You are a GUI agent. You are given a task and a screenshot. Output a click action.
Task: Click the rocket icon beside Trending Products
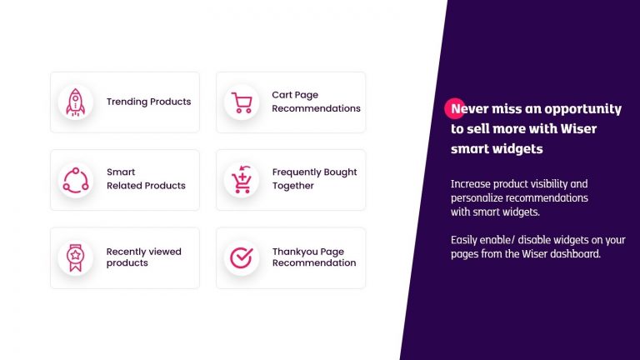click(x=76, y=102)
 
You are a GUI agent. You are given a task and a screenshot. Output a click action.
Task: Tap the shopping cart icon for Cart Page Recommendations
click(x=242, y=102)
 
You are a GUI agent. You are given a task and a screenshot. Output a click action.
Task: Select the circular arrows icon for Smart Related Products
click(x=76, y=180)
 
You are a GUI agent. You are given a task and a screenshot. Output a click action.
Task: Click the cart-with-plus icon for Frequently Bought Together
click(x=241, y=180)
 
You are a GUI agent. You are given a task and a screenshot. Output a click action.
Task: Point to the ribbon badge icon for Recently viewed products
click(x=76, y=258)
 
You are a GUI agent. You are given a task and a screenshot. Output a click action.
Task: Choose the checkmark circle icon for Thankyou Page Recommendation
click(x=241, y=257)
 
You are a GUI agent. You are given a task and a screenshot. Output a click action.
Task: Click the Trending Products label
click(x=148, y=102)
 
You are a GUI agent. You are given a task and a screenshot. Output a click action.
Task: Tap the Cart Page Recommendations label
click(x=316, y=102)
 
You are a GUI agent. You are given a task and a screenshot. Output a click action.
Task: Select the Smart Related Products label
click(x=146, y=179)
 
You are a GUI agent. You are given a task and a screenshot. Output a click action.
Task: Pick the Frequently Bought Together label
click(x=314, y=179)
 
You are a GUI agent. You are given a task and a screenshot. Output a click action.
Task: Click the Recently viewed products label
click(x=143, y=257)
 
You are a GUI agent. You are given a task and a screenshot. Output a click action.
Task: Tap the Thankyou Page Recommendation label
click(x=314, y=257)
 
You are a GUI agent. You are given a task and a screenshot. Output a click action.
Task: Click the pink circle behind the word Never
click(x=454, y=108)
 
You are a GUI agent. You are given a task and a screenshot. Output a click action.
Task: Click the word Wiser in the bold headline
click(x=578, y=128)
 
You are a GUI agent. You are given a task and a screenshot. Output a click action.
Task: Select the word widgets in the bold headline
click(x=517, y=149)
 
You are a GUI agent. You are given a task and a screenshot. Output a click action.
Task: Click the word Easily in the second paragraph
click(x=463, y=240)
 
